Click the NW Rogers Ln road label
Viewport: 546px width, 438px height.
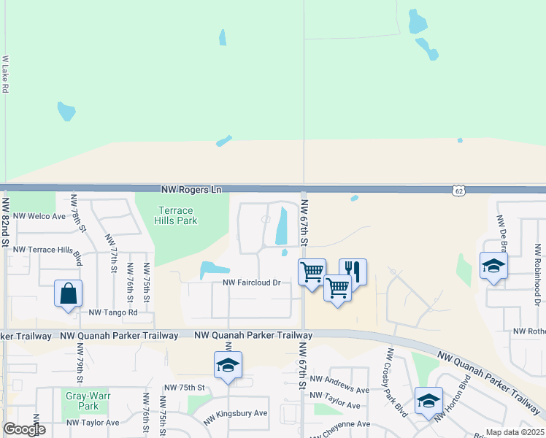(191, 189)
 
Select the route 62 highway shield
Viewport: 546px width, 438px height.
(458, 190)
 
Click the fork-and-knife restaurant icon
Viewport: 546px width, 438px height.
(353, 269)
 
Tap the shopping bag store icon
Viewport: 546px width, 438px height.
(68, 293)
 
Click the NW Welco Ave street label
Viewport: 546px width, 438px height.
(39, 216)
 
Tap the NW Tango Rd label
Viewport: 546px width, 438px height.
(112, 312)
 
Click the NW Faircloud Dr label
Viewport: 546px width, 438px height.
(252, 283)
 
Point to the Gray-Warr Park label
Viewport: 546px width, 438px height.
(82, 401)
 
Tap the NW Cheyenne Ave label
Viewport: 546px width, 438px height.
(341, 424)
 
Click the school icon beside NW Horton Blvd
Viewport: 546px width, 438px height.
(428, 400)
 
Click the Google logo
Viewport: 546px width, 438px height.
(24, 429)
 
